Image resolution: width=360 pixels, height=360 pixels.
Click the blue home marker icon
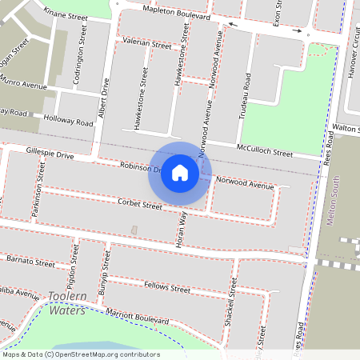pos(180,172)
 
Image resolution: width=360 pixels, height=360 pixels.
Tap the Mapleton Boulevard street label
pos(177,14)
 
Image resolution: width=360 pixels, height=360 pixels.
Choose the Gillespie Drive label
pos(50,153)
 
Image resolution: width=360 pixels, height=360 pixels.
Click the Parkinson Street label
pos(38,189)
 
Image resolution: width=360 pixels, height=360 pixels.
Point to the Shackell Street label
pos(234,303)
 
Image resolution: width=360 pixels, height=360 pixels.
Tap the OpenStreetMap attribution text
pos(81,354)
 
